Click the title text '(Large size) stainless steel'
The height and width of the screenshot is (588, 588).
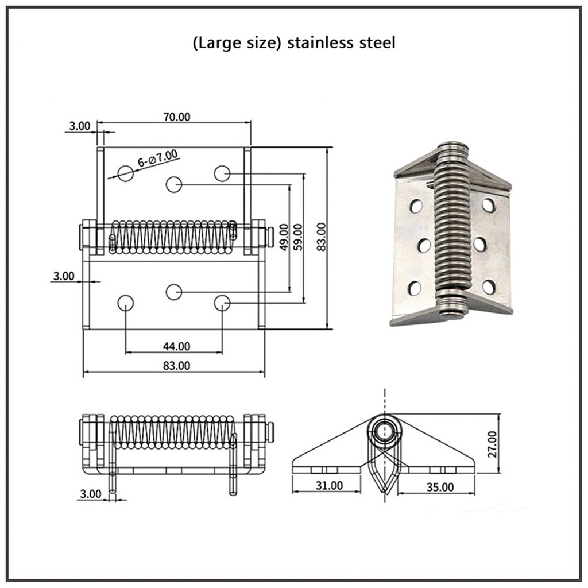click(294, 43)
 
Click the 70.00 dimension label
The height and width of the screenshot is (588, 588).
click(176, 117)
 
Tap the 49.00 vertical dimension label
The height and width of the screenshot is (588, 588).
click(283, 235)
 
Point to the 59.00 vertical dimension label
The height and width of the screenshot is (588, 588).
click(299, 235)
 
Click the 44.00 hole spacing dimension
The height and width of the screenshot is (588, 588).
click(176, 346)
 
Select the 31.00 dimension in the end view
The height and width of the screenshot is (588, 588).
click(329, 486)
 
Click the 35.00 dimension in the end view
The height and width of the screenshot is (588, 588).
click(440, 487)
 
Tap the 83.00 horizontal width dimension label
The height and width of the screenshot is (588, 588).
click(176, 365)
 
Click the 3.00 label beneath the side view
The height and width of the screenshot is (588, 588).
click(91, 493)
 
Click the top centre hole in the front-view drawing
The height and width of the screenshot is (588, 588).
click(174, 184)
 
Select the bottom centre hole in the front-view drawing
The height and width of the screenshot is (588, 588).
click(174, 292)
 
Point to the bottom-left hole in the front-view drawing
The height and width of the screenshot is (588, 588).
click(126, 303)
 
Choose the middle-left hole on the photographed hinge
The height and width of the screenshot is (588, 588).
click(424, 246)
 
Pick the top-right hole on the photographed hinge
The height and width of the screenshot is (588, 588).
click(489, 204)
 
